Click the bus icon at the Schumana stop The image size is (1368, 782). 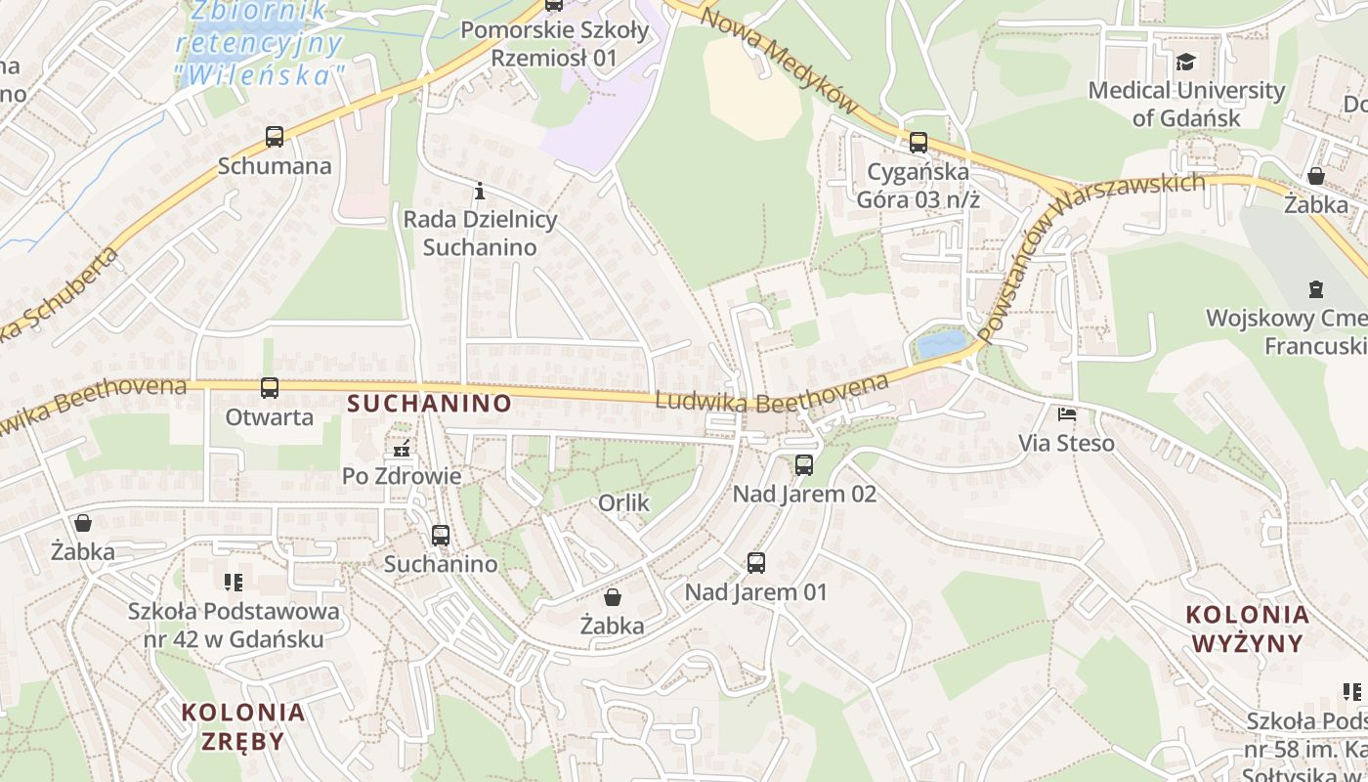tap(275, 137)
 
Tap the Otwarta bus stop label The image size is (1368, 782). tap(270, 417)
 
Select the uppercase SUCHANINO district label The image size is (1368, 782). tap(429, 403)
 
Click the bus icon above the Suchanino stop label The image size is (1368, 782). tap(441, 536)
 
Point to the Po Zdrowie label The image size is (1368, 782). tap(402, 476)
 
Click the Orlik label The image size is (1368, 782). tap(623, 502)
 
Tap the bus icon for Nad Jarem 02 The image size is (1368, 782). tap(804, 465)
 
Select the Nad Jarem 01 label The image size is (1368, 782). tap(755, 592)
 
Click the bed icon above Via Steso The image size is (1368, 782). tap(1067, 415)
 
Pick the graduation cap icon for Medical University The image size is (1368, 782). tap(1185, 63)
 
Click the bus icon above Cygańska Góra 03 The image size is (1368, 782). tap(919, 143)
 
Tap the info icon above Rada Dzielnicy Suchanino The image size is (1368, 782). tap(480, 191)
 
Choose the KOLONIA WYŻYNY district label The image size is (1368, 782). tap(1247, 629)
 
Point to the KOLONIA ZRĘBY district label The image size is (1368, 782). tap(243, 725)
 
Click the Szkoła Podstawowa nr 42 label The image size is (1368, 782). tap(235, 626)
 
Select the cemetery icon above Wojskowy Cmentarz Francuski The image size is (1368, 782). tap(1316, 289)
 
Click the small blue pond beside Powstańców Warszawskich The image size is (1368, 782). tap(941, 344)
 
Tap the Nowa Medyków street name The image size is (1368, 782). tap(778, 59)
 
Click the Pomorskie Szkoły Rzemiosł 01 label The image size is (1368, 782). tap(554, 44)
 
